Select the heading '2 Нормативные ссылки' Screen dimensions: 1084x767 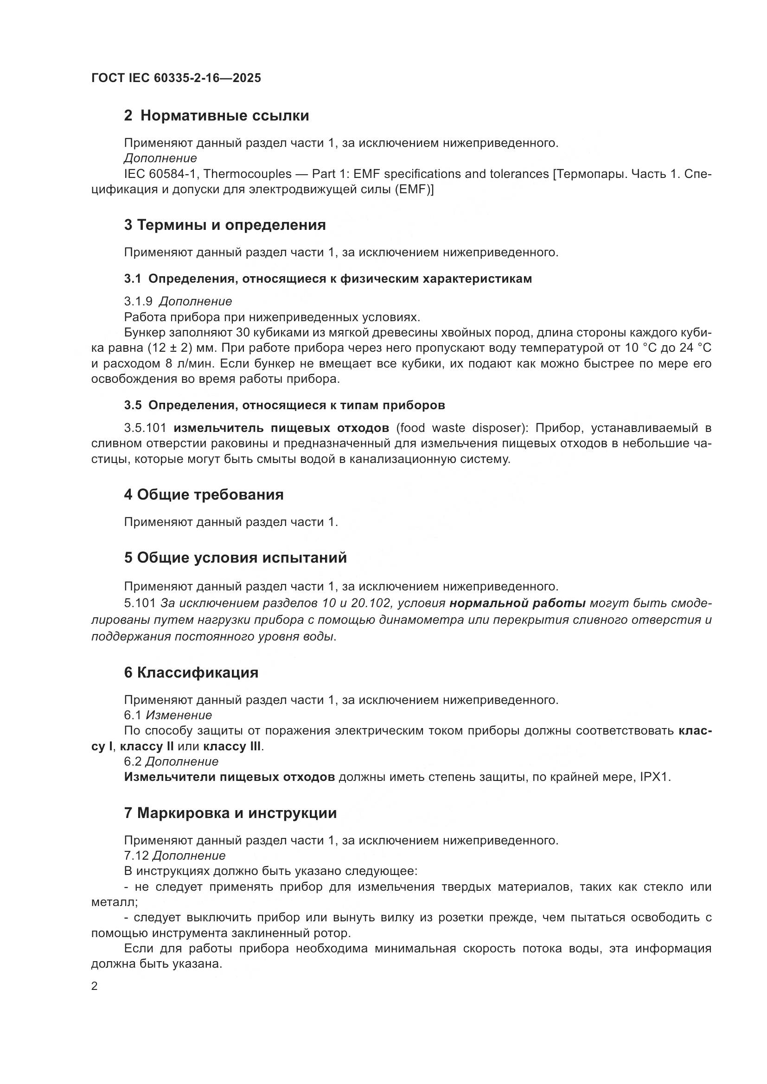click(x=216, y=116)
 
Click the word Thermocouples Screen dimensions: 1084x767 click(x=248, y=174)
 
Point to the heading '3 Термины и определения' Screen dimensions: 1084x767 click(x=225, y=225)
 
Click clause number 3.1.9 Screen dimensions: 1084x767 click(x=138, y=301)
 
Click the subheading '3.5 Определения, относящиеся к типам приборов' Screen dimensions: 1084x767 click(x=284, y=405)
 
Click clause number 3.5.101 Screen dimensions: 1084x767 click(x=145, y=428)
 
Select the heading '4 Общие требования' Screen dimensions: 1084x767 click(x=204, y=495)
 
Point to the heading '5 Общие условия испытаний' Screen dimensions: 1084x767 click(x=235, y=558)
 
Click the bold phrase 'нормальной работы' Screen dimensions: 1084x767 click(x=518, y=603)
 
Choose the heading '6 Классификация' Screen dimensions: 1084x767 click(x=191, y=673)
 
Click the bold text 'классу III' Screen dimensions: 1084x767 click(x=232, y=747)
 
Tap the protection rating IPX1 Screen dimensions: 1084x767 click(x=655, y=777)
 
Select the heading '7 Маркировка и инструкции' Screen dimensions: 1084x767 click(x=230, y=813)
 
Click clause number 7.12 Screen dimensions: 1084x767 click(x=136, y=856)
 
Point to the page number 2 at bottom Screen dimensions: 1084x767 click(x=95, y=986)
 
